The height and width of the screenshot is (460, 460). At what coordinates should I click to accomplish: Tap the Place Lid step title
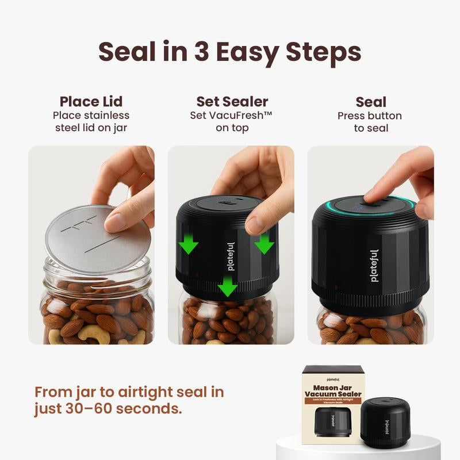click(91, 102)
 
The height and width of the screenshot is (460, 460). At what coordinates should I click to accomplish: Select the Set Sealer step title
click(232, 102)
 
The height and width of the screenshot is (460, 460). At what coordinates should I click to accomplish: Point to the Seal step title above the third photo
click(371, 102)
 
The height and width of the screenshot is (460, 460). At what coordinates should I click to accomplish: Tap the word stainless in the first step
click(108, 115)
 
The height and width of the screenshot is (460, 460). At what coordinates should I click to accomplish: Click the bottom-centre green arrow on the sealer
click(228, 286)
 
